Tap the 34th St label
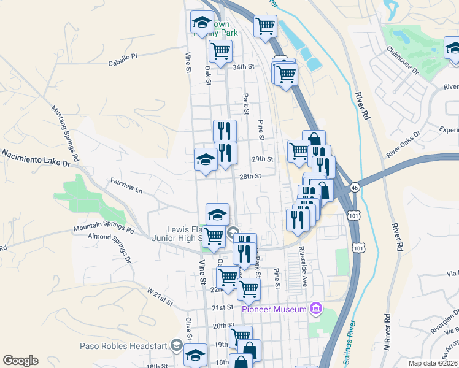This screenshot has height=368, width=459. tap(242, 66)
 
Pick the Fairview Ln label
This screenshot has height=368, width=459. tap(126, 186)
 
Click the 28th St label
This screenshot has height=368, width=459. tap(250, 176)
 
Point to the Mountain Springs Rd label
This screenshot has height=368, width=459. tap(104, 229)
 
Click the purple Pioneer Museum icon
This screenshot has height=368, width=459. tap(316, 307)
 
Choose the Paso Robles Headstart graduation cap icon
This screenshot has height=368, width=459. tap(177, 344)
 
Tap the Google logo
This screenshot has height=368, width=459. tap(20, 361)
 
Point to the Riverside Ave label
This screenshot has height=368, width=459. tap(303, 268)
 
